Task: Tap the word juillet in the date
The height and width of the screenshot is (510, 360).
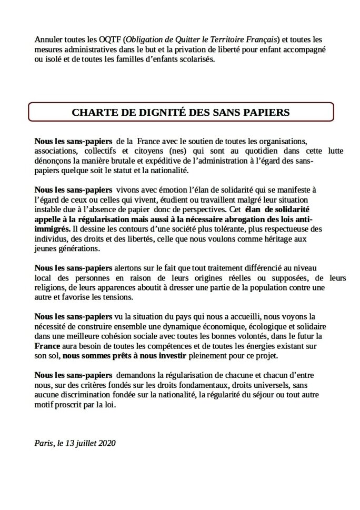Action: tap(84, 443)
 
